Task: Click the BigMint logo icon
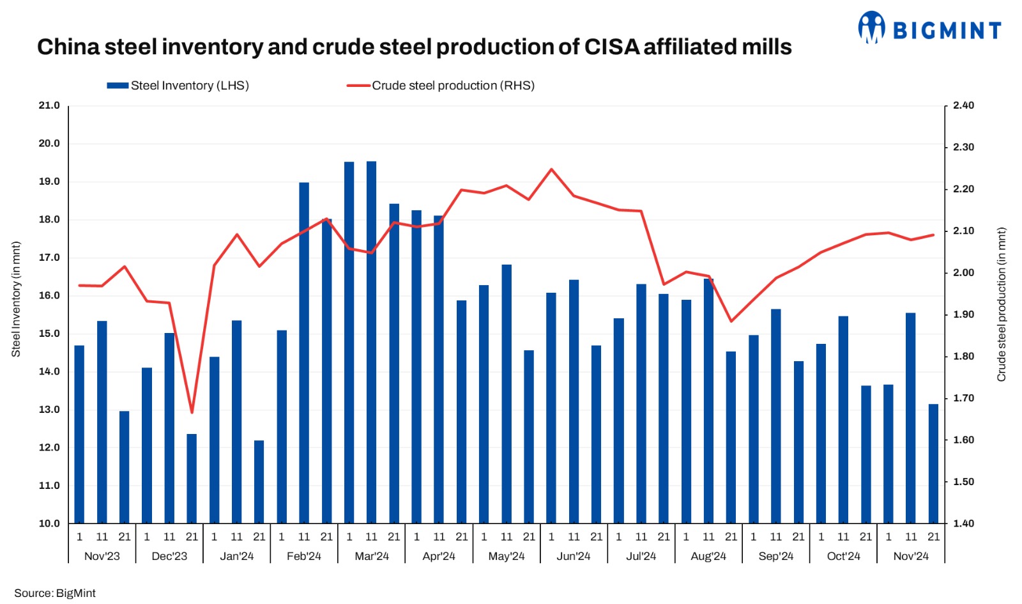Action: [871, 27]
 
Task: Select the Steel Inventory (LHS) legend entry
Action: [178, 86]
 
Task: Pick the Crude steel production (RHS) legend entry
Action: [441, 86]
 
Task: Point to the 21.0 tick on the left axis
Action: [49, 105]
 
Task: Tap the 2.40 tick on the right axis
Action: [963, 105]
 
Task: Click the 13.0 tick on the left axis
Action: [49, 410]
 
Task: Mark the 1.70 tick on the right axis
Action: [963, 398]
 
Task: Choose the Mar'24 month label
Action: [372, 556]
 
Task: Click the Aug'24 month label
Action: [708, 556]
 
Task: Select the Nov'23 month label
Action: [102, 556]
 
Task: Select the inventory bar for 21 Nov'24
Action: [933, 463]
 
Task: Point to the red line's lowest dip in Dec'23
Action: [192, 412]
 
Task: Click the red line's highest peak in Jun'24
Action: [551, 169]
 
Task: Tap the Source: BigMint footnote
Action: [55, 593]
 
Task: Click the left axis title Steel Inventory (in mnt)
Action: [16, 299]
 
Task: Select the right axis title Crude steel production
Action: [1002, 304]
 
